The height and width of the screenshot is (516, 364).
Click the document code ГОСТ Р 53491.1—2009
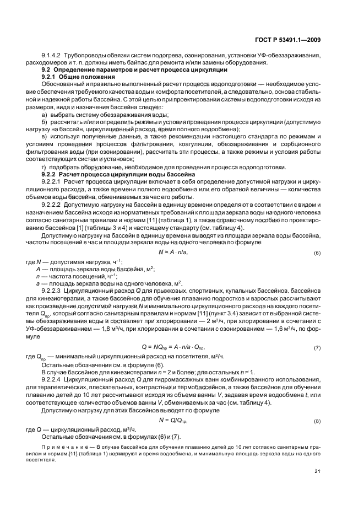coord(289,40)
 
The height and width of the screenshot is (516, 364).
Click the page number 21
coord(318,470)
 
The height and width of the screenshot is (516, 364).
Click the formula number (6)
coord(317,253)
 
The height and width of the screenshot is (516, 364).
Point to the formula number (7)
coord(317,348)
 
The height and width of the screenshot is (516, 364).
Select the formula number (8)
coord(317,421)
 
